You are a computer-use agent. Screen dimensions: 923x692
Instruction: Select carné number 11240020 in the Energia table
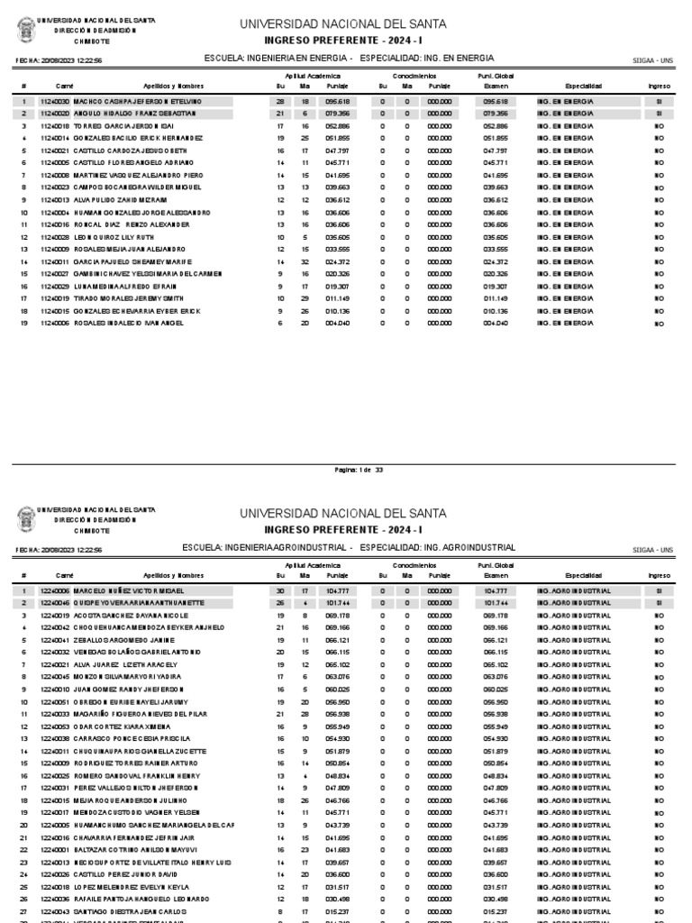[54, 114]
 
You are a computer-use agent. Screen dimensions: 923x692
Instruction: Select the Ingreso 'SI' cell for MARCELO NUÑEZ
[659, 590]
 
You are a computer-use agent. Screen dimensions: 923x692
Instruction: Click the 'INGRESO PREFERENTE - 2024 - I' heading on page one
[341, 41]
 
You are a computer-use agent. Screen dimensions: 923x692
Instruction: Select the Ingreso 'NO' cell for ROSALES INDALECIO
[659, 323]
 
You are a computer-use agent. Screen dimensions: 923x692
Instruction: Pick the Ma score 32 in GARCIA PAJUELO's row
[305, 261]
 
